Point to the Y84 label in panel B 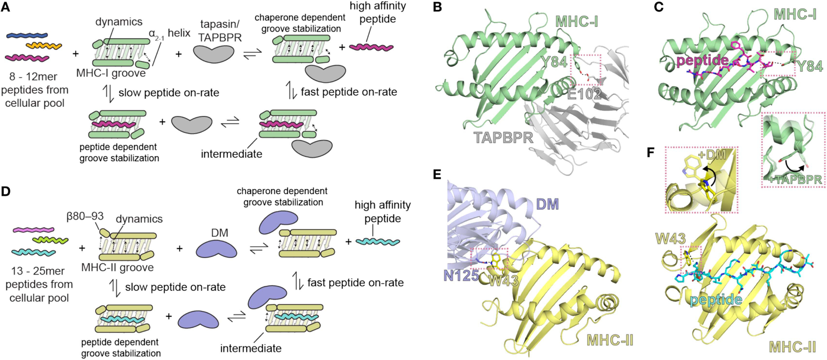coord(554,62)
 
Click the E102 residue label coord(584,94)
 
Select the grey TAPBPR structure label coord(504,137)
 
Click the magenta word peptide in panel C coord(702,60)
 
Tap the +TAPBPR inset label coord(793,179)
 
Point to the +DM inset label coord(712,155)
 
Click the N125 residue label coord(461,275)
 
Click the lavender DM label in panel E coord(547,204)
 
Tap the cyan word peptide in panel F coord(716,299)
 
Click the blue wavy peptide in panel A coord(27,35)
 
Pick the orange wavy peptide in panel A coord(43,46)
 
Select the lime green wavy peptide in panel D coord(50,240)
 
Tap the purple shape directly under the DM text coord(216,249)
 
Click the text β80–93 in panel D coord(84,217)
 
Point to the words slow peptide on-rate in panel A coord(168,92)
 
